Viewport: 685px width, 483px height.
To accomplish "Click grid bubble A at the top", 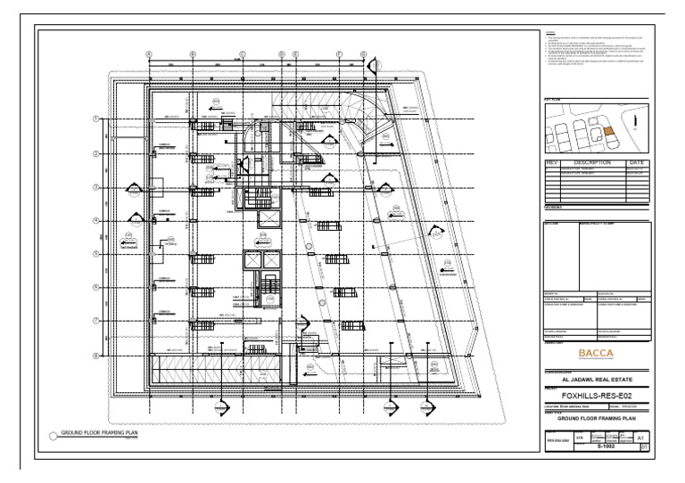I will point(149,54).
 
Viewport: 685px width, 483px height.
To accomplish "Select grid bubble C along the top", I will point(242,54).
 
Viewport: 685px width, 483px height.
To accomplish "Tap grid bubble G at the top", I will point(363,54).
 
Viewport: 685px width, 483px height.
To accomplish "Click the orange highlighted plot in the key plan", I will point(609,130).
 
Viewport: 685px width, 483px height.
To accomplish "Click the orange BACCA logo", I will point(596,353).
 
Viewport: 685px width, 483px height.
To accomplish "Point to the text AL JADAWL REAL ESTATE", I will point(596,378).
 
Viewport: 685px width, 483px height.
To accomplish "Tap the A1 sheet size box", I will point(641,438).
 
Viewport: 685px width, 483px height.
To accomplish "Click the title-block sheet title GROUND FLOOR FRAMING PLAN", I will point(597,417).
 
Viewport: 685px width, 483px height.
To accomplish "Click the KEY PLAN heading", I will point(553,101).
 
